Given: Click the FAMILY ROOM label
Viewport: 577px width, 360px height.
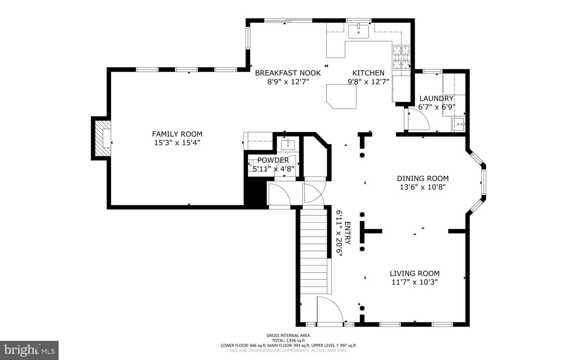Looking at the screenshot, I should coord(177,134).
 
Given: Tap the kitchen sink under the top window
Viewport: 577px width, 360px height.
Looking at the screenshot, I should coord(358,31).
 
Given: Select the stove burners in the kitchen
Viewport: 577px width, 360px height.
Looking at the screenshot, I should coord(401,57).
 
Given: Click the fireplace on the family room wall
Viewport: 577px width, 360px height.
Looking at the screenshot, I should coord(103,138).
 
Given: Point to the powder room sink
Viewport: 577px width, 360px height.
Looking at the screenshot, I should coord(288,145).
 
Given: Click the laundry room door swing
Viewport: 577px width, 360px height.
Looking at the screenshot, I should coord(418,120).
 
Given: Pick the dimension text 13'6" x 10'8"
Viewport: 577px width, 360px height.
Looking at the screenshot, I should coord(423,187).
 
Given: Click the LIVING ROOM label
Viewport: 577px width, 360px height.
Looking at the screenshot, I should coord(415,274).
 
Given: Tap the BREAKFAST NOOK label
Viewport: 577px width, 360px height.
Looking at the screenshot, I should coord(288,73).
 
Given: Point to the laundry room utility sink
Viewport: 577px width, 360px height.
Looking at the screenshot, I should coord(458,125).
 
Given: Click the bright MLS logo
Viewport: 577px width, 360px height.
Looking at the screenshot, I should coord(29,350).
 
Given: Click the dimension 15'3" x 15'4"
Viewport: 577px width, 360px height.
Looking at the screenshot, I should coord(177,143).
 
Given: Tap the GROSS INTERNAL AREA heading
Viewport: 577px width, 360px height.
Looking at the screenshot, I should coord(288,336).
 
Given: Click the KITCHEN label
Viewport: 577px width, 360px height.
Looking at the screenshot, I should coord(368,73).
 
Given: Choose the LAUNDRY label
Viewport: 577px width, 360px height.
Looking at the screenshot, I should coord(436,99).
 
